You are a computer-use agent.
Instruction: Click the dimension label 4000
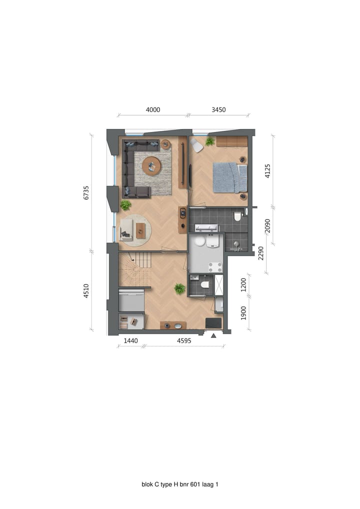(x=152, y=109)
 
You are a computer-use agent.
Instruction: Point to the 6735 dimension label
(x=86, y=192)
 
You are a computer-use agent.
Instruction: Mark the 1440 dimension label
(x=130, y=341)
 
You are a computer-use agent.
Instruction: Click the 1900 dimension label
(x=244, y=312)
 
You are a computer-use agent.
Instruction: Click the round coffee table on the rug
(x=151, y=166)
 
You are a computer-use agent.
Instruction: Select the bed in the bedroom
(x=229, y=177)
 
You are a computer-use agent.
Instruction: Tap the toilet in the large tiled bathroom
(x=237, y=216)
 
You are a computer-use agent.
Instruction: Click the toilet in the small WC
(x=204, y=284)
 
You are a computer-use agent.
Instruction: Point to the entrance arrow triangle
(x=213, y=335)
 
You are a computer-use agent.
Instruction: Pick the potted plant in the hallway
(x=179, y=288)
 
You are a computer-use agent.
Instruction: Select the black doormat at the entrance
(x=213, y=323)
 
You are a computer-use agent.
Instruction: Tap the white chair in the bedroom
(x=196, y=145)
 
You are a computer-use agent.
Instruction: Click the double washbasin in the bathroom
(x=206, y=228)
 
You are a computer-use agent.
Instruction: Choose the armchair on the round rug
(x=127, y=229)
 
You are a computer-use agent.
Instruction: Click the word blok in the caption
(x=147, y=484)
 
